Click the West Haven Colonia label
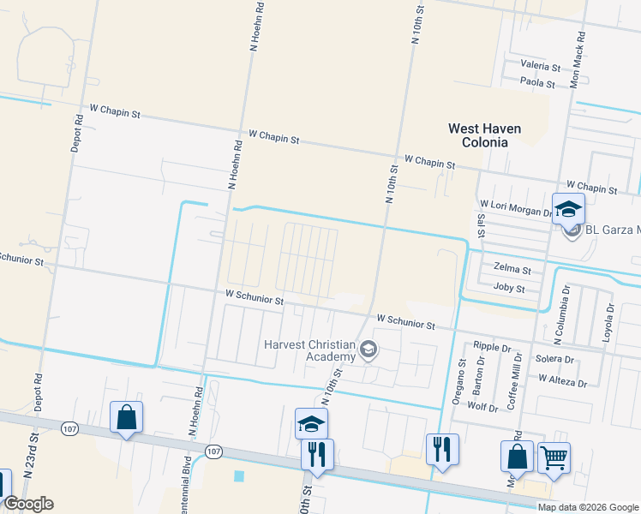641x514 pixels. [x=484, y=135]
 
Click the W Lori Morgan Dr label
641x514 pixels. [x=517, y=206]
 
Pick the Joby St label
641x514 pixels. [x=509, y=289]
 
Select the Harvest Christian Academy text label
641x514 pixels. [x=309, y=350]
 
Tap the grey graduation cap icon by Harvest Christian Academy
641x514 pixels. [x=368, y=348]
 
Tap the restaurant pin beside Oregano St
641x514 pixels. [x=442, y=449]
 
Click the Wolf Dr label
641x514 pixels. [x=482, y=408]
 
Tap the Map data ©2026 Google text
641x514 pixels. [x=588, y=507]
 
